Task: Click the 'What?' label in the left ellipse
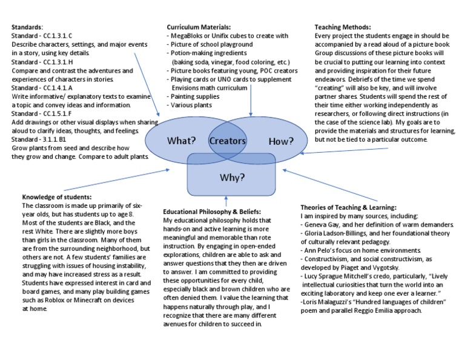pos(181,141)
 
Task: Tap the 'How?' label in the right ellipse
pos(281,141)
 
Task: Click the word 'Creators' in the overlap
pos(228,141)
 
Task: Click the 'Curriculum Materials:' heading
pos(199,27)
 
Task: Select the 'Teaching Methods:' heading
pos(343,27)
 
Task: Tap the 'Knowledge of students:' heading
pos(57,198)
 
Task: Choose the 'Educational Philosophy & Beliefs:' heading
pos(212,212)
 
